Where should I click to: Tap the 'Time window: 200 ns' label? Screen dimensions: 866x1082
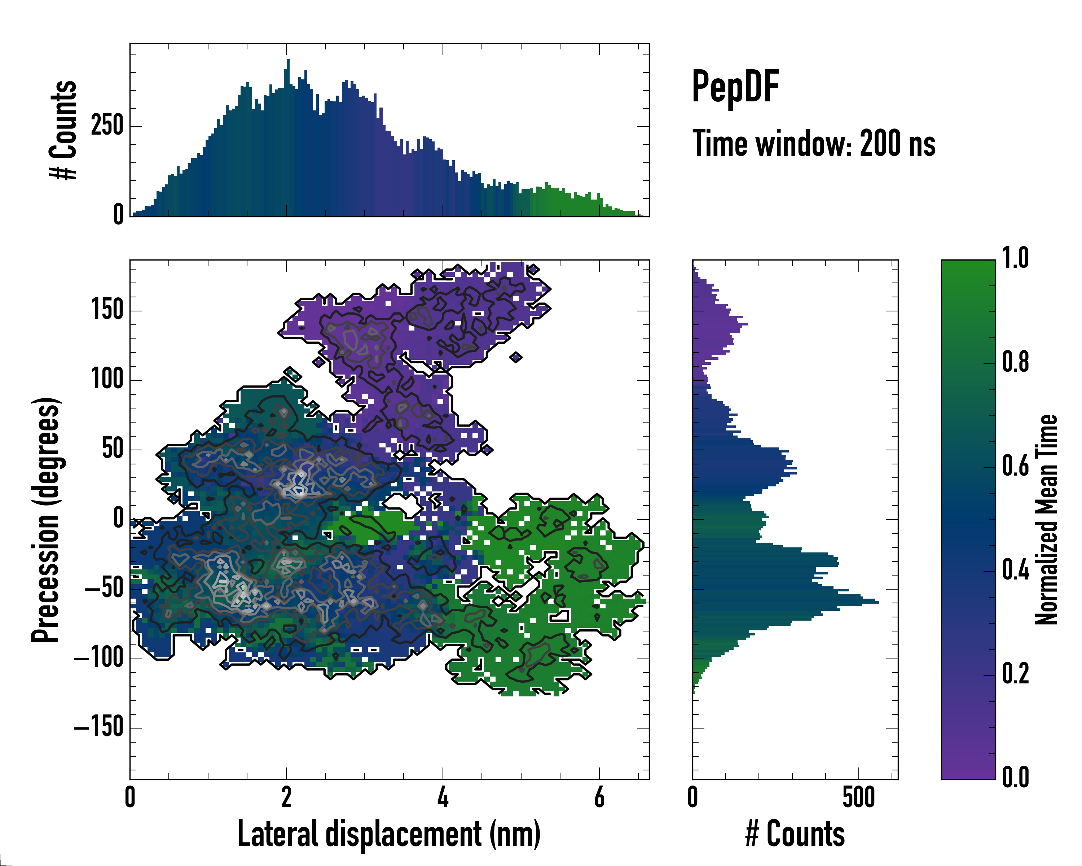tap(814, 144)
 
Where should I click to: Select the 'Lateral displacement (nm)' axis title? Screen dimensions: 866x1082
tap(389, 834)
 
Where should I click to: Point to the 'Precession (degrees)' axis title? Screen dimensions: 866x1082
tap(46, 520)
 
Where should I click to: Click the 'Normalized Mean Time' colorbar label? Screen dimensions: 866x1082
tap(1046, 520)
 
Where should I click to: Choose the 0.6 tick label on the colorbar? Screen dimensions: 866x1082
tap(1015, 466)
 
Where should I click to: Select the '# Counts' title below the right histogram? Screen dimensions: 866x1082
tap(795, 834)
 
